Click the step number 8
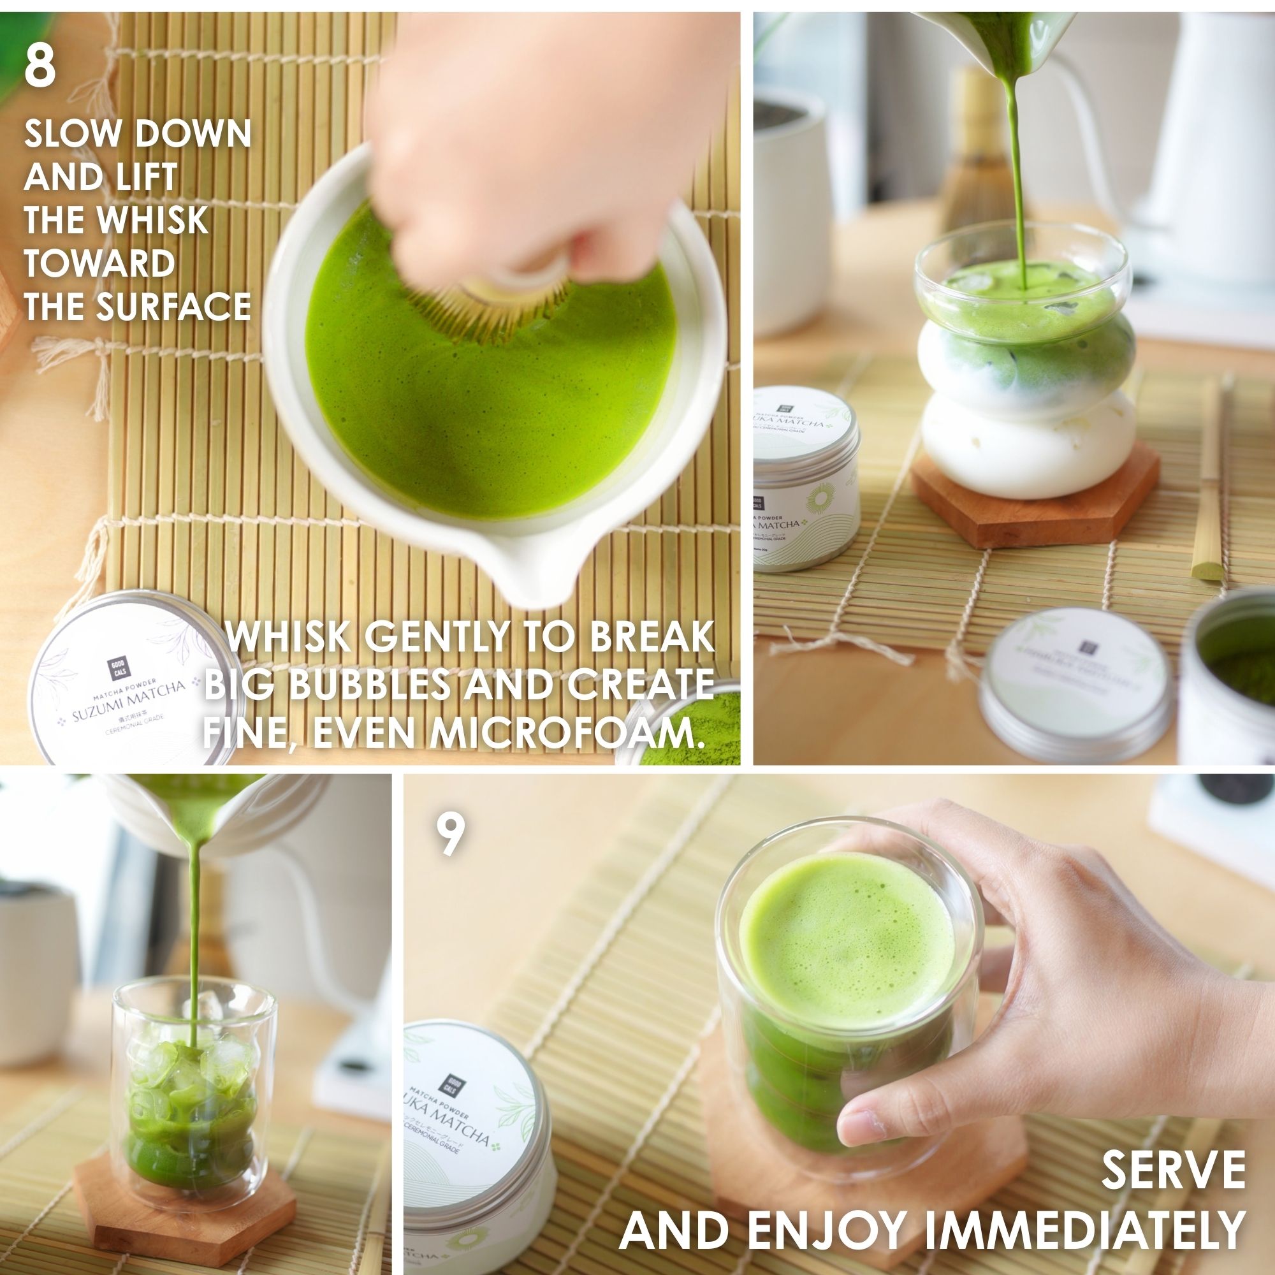(x=40, y=68)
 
